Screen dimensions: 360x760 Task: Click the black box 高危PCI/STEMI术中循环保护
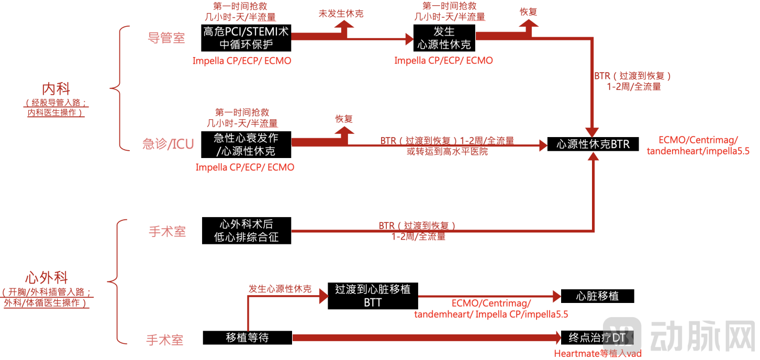(245, 38)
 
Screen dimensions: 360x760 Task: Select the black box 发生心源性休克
(444, 38)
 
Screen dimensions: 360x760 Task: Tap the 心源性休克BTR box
(593, 144)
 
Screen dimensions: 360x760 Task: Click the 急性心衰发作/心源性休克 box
(246, 144)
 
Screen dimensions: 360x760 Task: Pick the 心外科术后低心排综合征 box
(246, 230)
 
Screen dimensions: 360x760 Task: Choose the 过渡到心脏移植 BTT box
(373, 296)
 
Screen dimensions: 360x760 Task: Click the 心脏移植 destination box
(597, 296)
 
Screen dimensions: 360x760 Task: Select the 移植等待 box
(247, 337)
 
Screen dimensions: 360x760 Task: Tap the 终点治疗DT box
(597, 337)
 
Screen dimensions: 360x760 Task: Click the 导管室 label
(166, 38)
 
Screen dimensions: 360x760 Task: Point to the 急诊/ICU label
(168, 144)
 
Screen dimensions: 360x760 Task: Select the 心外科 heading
(47, 277)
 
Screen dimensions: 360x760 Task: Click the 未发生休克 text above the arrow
(341, 14)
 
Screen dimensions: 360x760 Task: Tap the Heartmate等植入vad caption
(597, 354)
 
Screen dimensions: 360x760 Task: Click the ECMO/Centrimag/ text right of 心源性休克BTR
(698, 140)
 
